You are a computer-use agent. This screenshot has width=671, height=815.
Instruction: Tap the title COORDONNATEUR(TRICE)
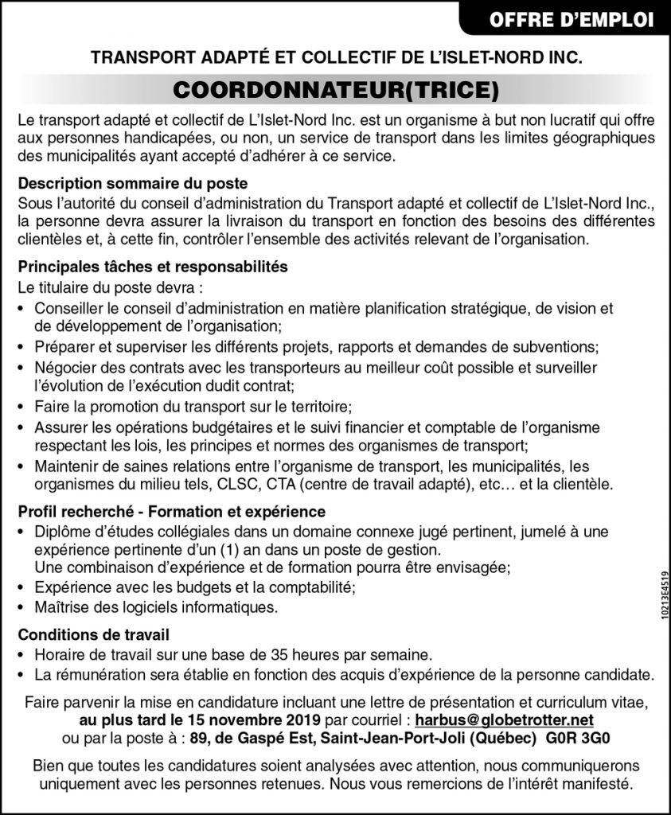[335, 90]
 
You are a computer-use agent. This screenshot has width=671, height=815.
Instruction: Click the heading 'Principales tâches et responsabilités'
[152, 267]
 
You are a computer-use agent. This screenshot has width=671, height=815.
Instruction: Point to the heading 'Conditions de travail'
[93, 635]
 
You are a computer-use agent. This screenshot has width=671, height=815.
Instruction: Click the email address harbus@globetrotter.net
[505, 719]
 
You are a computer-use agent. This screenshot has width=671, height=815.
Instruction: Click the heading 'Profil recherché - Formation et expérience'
[171, 510]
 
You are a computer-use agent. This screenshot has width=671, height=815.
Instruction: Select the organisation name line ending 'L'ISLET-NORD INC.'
[335, 58]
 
